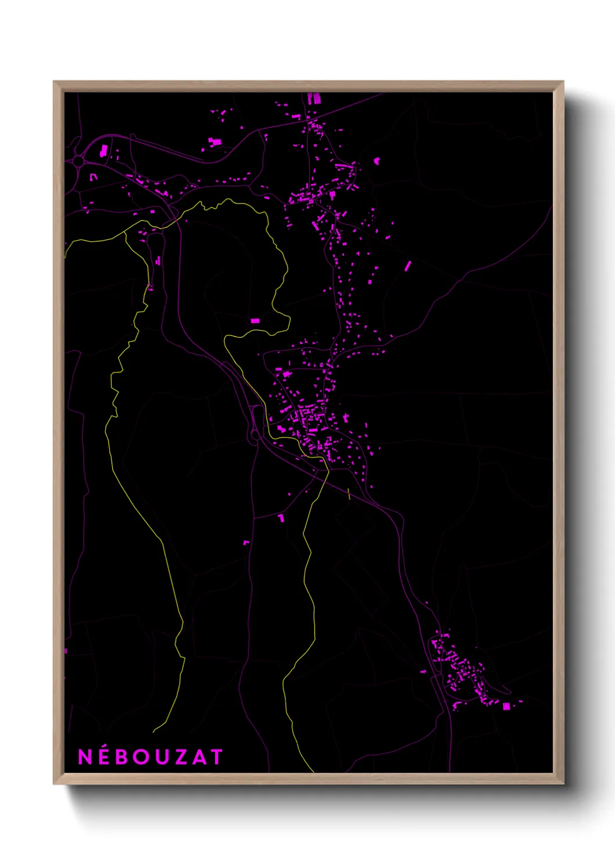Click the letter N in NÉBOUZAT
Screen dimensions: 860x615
(85, 757)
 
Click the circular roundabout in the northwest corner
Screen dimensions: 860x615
(78, 160)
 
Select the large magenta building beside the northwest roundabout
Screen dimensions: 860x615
(104, 151)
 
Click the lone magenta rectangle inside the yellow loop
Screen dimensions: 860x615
(255, 321)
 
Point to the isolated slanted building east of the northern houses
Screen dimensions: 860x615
(407, 266)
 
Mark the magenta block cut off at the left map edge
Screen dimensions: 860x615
(66, 651)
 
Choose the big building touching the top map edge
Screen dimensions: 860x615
(314, 98)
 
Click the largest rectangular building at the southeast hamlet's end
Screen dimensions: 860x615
(506, 706)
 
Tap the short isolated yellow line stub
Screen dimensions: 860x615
(349, 494)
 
